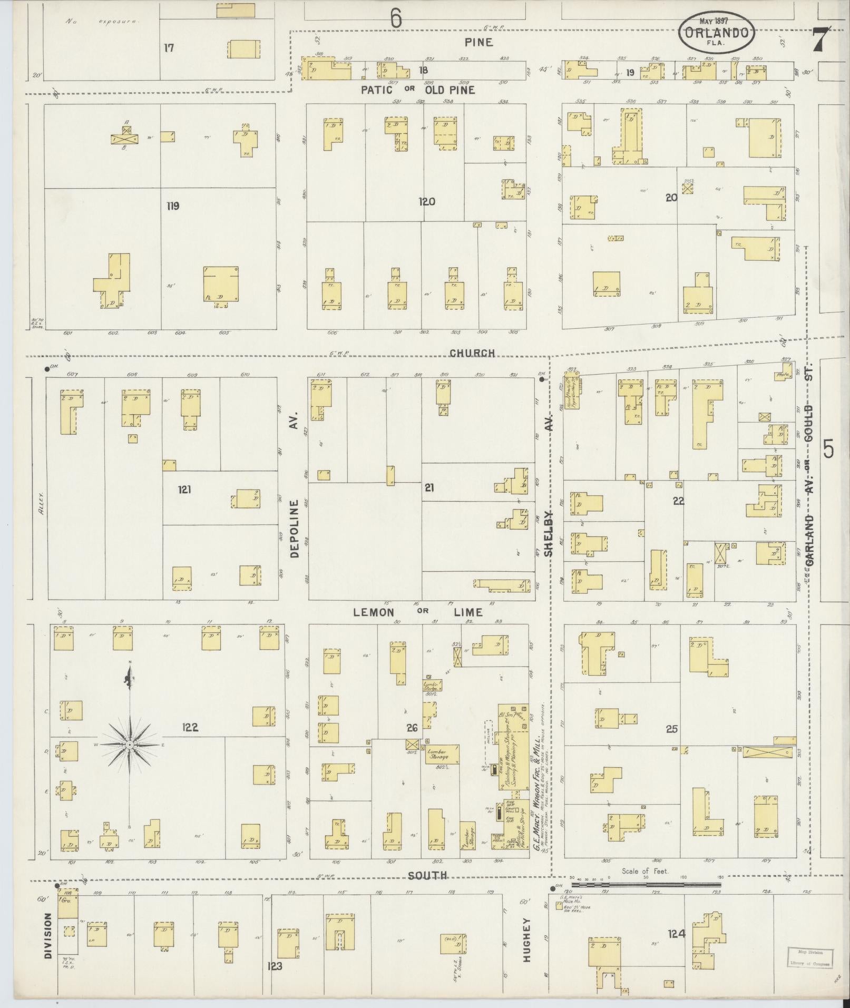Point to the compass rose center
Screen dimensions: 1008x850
(129, 745)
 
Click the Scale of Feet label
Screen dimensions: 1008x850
(644, 871)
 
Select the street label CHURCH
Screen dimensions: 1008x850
(472, 353)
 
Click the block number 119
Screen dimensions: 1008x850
(172, 205)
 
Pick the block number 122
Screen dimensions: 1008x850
(190, 728)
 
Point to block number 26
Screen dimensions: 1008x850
(412, 728)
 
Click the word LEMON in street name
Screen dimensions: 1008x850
(373, 612)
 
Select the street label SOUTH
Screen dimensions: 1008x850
(428, 875)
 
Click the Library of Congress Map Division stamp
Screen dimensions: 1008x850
(811, 957)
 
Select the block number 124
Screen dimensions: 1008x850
(677, 934)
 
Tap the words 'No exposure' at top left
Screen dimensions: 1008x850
(102, 22)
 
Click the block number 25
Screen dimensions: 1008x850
(671, 729)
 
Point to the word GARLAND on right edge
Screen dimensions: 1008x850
(809, 541)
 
